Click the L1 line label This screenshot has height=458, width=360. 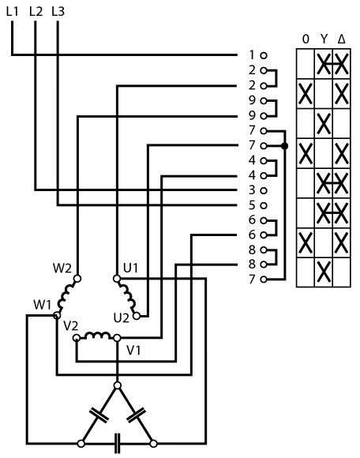pyautogui.click(x=12, y=11)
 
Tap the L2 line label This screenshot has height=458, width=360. pyautogui.click(x=36, y=11)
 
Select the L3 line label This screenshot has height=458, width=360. pyautogui.click(x=58, y=11)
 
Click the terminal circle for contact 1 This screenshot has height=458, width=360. pyautogui.click(x=264, y=55)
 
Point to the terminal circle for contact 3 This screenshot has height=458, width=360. pyautogui.click(x=264, y=190)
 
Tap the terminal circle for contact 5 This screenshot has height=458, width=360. pyautogui.click(x=264, y=205)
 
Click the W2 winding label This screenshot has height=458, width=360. pyautogui.click(x=62, y=268)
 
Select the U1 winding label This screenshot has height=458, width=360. pyautogui.click(x=130, y=268)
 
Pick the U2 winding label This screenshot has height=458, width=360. pyautogui.click(x=121, y=317)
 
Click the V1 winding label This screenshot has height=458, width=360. pyautogui.click(x=133, y=350)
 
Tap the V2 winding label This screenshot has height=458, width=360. pyautogui.click(x=70, y=325)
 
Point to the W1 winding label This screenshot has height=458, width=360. pyautogui.click(x=42, y=305)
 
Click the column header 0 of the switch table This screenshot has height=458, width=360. pyautogui.click(x=306, y=39)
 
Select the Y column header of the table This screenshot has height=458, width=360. pyautogui.click(x=324, y=39)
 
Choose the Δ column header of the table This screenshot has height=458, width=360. pyautogui.click(x=341, y=39)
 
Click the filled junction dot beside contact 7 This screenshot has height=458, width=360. pyautogui.click(x=285, y=146)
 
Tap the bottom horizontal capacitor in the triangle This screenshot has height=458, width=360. pyautogui.click(x=117, y=444)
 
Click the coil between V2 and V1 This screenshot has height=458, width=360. pyautogui.click(x=97, y=336)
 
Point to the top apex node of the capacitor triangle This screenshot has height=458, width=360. pyautogui.click(x=118, y=385)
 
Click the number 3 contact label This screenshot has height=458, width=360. pyautogui.click(x=252, y=190)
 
